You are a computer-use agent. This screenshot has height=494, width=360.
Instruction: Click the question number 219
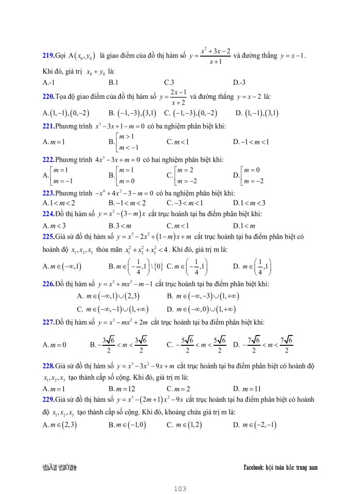pyautogui.click(x=48, y=55)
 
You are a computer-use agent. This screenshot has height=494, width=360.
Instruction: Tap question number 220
pyautogui.click(x=48, y=96)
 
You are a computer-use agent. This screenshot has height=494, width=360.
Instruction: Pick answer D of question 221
pyautogui.click(x=251, y=142)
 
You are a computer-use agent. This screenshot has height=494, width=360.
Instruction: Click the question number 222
pyautogui.click(x=48, y=160)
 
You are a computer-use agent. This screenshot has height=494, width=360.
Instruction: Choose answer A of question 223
pyautogui.click(x=59, y=202)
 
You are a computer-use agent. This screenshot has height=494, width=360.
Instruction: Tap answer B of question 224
pyautogui.click(x=121, y=225)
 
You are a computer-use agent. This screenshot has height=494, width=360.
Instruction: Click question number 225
pyautogui.click(x=48, y=237)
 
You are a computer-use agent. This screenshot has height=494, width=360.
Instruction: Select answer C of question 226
pyautogui.click(x=113, y=309)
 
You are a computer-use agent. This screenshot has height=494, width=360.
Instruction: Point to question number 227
pyautogui.click(x=48, y=322)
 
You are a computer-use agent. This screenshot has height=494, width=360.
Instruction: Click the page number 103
pyautogui.click(x=179, y=488)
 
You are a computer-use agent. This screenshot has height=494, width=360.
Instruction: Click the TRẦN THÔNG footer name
pyautogui.click(x=59, y=467)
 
